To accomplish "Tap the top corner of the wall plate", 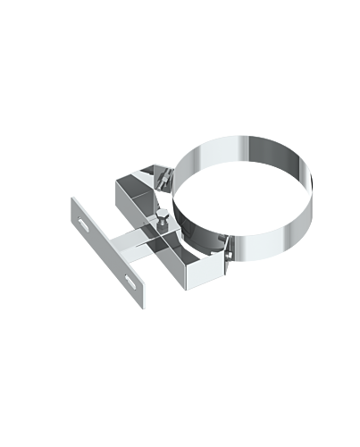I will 72,199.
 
